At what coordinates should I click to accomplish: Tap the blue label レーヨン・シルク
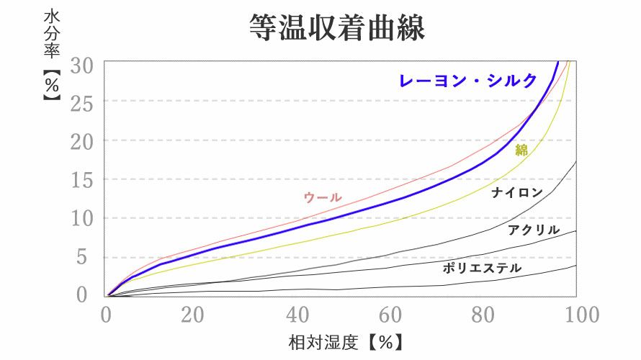(468, 81)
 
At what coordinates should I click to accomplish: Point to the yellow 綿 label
(521, 150)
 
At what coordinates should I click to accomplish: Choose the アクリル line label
(533, 230)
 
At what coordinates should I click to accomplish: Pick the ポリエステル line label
(482, 269)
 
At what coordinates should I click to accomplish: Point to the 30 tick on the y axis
(81, 65)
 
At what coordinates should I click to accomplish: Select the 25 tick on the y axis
(81, 104)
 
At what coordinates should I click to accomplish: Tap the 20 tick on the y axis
(81, 142)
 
